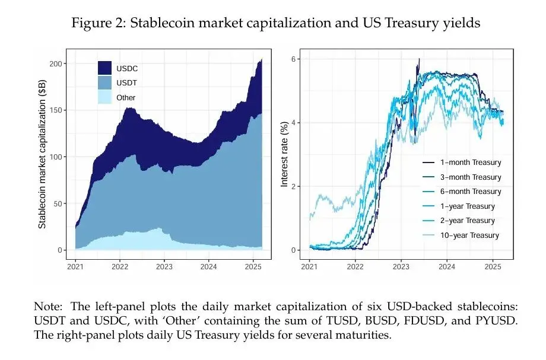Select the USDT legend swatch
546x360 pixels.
pos(104,83)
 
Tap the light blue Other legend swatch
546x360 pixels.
pos(104,97)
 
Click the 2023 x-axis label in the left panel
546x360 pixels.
pos(164,266)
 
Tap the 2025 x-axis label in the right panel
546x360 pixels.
pos(491,266)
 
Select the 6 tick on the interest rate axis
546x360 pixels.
pos(294,59)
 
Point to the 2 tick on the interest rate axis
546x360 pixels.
pos(294,186)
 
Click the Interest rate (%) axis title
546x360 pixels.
pos(284,154)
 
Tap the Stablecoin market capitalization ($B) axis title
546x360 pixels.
pos(42,156)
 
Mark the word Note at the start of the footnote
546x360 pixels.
pos(47,307)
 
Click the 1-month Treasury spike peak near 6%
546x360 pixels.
pos(419,59)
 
